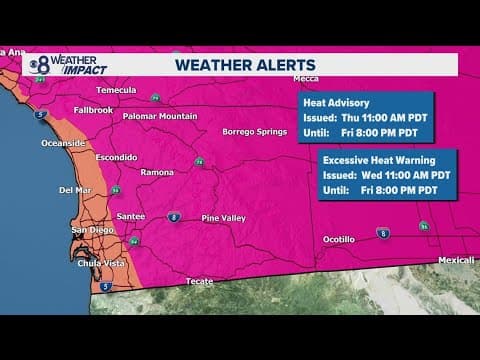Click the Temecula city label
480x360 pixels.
pyautogui.click(x=115, y=89)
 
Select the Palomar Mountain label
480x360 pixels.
pyautogui.click(x=159, y=116)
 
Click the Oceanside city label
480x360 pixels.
pyautogui.click(x=63, y=143)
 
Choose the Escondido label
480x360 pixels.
pyautogui.click(x=115, y=157)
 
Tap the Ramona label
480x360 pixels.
pyautogui.click(x=156, y=172)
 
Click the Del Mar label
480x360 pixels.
pyautogui.click(x=75, y=189)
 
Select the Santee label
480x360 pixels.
pyautogui.click(x=132, y=215)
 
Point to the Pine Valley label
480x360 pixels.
pyautogui.click(x=224, y=217)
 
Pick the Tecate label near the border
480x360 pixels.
pyautogui.click(x=199, y=281)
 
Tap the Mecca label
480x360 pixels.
pyautogui.click(x=306, y=78)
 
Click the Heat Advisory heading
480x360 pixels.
pyautogui.click(x=333, y=102)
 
